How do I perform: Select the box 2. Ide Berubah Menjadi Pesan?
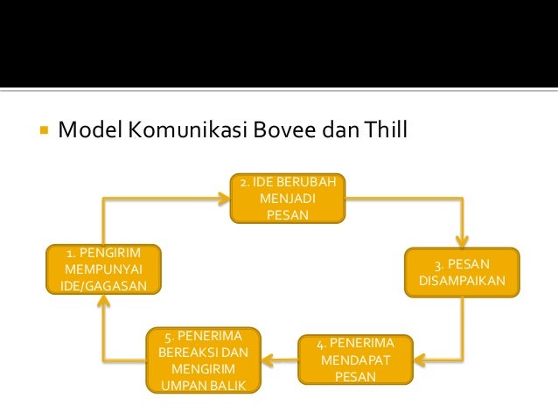(288, 198)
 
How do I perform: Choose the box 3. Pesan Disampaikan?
(462, 272)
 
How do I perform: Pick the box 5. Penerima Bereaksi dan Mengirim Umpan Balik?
(204, 360)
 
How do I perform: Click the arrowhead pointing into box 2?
(224, 199)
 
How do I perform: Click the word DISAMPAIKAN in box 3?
(462, 282)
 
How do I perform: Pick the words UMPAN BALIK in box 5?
(204, 386)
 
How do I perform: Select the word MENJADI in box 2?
(288, 199)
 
